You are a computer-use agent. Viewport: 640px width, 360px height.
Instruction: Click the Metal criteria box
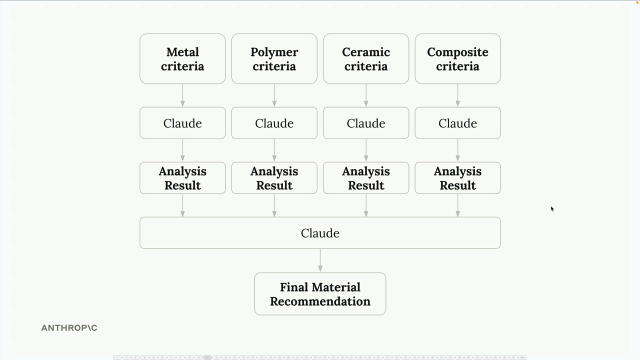[x=182, y=59]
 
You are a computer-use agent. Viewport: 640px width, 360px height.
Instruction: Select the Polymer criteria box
[x=274, y=59]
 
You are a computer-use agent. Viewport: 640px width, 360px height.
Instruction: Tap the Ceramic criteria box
[x=366, y=59]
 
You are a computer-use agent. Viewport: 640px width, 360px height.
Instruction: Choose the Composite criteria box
[x=457, y=59]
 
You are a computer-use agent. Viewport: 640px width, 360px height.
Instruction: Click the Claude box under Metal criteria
[x=182, y=123]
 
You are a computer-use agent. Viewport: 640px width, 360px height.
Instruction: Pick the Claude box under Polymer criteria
[x=274, y=123]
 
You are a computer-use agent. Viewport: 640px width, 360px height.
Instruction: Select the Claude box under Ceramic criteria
[x=366, y=123]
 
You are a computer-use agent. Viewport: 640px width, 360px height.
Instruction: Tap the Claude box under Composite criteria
[x=457, y=123]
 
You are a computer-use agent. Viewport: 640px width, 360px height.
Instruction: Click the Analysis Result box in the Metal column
[x=182, y=178]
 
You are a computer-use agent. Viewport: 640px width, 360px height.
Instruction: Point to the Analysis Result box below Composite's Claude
[x=457, y=178]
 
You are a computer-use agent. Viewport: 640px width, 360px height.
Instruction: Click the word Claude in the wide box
[x=320, y=233]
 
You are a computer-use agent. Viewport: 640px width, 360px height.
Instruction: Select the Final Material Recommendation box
[x=320, y=294]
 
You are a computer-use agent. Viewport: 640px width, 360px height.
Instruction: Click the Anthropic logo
[x=69, y=328]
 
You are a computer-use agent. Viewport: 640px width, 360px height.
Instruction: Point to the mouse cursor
[x=551, y=208]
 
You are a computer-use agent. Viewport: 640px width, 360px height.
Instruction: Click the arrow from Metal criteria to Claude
[x=182, y=95]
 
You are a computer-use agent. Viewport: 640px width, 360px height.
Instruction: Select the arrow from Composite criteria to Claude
[x=457, y=95]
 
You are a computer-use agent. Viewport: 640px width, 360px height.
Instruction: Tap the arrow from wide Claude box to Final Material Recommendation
[x=320, y=260]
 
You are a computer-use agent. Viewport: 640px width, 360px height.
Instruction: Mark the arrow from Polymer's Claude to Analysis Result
[x=274, y=150]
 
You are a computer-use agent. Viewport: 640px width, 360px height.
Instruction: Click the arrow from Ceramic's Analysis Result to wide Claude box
[x=366, y=205]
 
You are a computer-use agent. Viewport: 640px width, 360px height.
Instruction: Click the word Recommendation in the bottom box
[x=320, y=301]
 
